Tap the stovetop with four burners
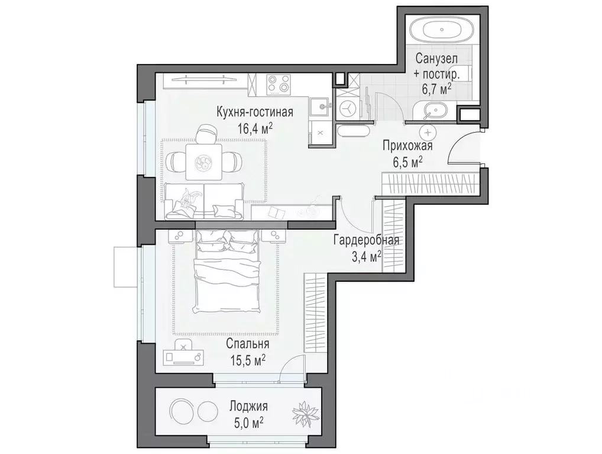pyautogui.click(x=279, y=84)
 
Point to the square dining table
pyautogui.click(x=202, y=162)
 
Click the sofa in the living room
pyautogui.click(x=204, y=201)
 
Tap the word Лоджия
pyautogui.click(x=248, y=407)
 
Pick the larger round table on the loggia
pyautogui.click(x=180, y=410)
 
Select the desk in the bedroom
pyautogui.click(x=184, y=355)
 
